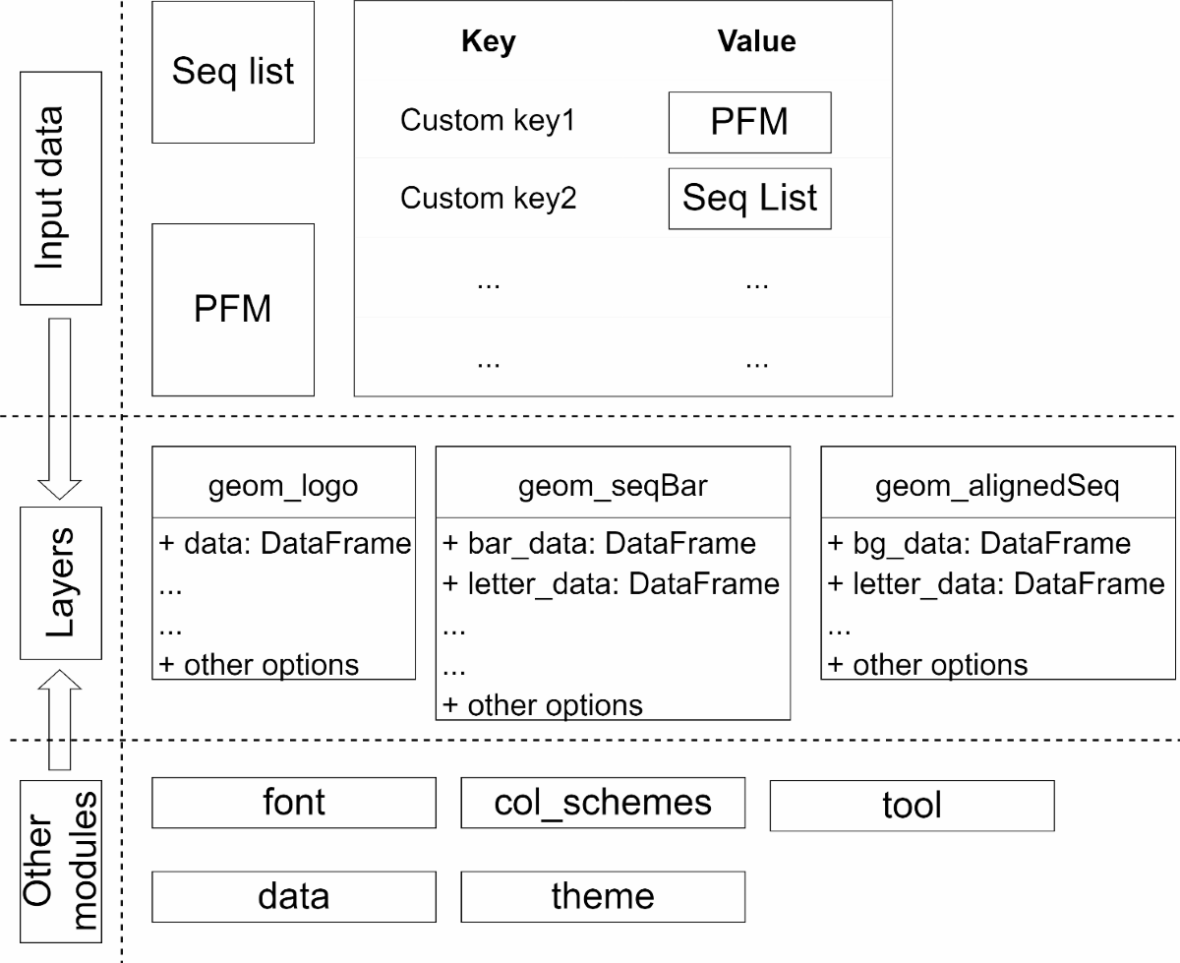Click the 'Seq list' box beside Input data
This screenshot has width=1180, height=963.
click(x=233, y=72)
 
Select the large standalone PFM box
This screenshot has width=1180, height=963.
click(x=233, y=310)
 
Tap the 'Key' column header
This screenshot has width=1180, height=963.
click(x=489, y=42)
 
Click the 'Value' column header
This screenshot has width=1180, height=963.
click(x=756, y=41)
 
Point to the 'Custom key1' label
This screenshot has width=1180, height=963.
click(x=488, y=120)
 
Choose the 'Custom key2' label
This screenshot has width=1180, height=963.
click(x=488, y=198)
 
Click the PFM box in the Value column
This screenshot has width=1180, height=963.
click(x=749, y=122)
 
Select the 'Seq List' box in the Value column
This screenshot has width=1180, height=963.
click(x=749, y=199)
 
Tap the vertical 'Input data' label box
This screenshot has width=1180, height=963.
click(x=60, y=188)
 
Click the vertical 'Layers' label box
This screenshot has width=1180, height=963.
click(x=60, y=583)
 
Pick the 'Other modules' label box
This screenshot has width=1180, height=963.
click(x=60, y=862)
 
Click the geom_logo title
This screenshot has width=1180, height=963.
click(x=283, y=486)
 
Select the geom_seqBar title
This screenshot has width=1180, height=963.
click(x=613, y=486)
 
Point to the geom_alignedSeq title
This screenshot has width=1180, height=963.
click(x=998, y=486)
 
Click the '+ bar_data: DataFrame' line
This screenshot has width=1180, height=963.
click(x=599, y=543)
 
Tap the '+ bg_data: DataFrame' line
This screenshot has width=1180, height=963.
click(x=979, y=543)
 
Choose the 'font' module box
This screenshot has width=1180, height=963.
click(x=294, y=803)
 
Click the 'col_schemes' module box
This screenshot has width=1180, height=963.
click(x=603, y=803)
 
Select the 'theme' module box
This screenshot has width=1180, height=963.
click(x=603, y=896)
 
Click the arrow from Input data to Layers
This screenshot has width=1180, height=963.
click(x=59, y=408)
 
